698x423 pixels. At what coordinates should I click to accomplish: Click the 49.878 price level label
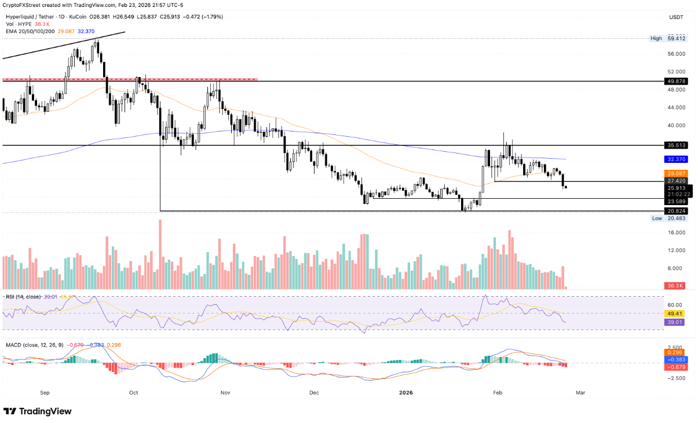point(676,81)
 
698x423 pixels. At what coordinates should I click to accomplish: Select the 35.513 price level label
point(676,145)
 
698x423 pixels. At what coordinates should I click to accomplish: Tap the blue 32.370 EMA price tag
point(676,159)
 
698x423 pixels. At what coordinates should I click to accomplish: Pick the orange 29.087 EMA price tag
point(676,173)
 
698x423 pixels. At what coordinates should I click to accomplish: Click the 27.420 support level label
point(676,181)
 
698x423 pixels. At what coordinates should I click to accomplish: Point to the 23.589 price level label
point(676,201)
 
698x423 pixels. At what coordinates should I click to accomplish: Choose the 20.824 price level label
point(676,211)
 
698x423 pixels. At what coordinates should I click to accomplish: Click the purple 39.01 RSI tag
point(676,322)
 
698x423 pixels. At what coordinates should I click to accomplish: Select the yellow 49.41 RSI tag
point(676,313)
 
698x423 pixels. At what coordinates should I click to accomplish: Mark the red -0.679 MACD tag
point(676,367)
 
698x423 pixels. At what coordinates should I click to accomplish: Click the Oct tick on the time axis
point(134,392)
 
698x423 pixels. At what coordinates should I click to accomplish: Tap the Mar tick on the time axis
point(580,392)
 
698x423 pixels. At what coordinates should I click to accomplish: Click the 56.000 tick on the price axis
point(676,54)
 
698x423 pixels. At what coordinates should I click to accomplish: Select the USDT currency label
point(676,17)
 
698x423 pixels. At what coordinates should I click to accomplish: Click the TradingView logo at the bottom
point(38,411)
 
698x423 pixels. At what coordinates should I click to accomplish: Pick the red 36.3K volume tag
point(676,286)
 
